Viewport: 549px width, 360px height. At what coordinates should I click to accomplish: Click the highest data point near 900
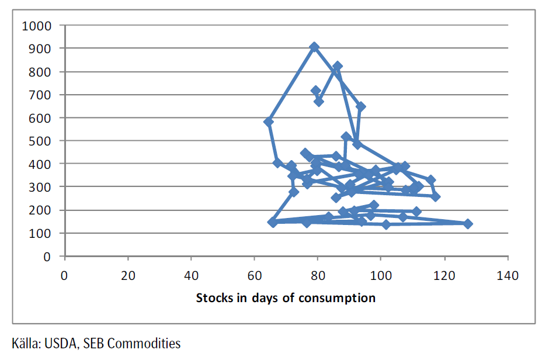coord(314,47)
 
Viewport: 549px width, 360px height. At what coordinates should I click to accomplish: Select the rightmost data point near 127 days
coord(467,224)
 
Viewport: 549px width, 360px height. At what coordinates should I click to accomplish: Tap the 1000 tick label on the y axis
coord(36,26)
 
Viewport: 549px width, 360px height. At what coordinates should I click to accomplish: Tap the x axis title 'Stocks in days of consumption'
coord(286,298)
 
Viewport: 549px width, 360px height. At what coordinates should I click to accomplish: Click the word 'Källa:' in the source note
coord(25,344)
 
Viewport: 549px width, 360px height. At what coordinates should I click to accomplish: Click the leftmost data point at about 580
coord(269,122)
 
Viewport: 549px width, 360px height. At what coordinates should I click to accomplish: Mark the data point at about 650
coord(360,106)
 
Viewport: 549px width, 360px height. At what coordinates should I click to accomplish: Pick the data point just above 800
coord(337,67)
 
